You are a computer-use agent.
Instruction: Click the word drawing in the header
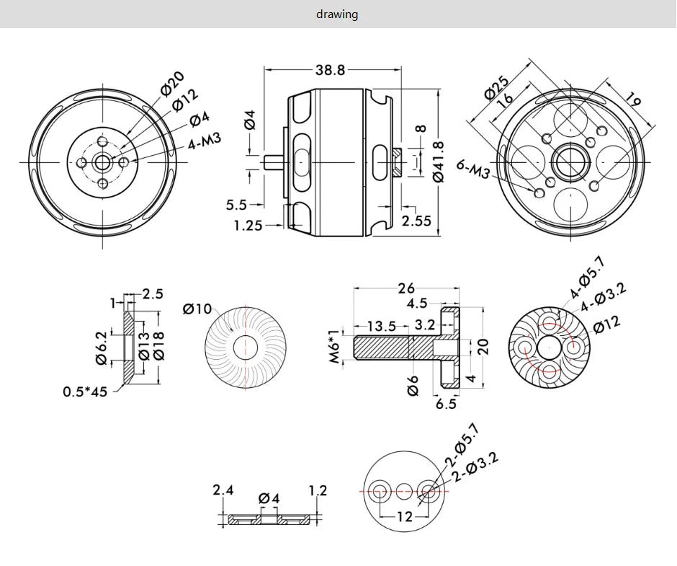pos(337,14)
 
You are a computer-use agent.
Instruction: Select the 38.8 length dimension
pos(330,70)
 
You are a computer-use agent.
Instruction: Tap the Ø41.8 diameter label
pos(439,162)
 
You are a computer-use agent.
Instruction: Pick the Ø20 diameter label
pos(173,83)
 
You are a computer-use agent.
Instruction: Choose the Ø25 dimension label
pos(496,87)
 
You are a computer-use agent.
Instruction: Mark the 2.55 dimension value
pos(416,221)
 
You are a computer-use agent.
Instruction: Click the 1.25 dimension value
pos(248,226)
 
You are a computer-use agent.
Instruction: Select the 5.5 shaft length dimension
pos(236,205)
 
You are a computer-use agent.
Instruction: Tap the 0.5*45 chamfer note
pos(85,392)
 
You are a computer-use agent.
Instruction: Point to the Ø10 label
pos(197,309)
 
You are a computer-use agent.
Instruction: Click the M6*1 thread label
pos(335,348)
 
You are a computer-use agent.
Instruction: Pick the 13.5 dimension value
pos(381,327)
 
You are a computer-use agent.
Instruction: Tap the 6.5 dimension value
pos(446,404)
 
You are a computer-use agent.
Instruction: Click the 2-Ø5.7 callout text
pos(464,446)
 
